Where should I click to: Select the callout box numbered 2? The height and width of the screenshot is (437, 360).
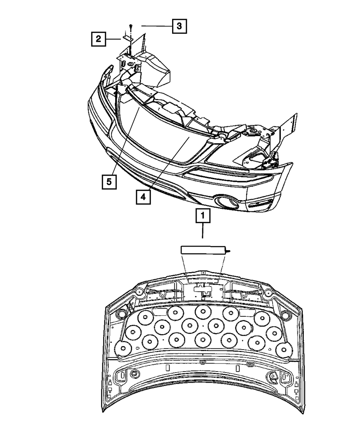click(x=98, y=39)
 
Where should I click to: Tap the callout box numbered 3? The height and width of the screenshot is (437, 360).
click(x=179, y=26)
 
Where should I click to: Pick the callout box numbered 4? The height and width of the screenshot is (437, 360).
click(x=143, y=197)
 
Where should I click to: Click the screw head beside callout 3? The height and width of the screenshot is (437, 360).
click(x=131, y=26)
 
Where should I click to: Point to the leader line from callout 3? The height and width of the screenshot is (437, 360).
click(x=157, y=26)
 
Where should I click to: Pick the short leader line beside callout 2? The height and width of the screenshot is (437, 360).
click(x=113, y=39)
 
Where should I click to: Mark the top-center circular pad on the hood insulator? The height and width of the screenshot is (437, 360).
click(x=202, y=312)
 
